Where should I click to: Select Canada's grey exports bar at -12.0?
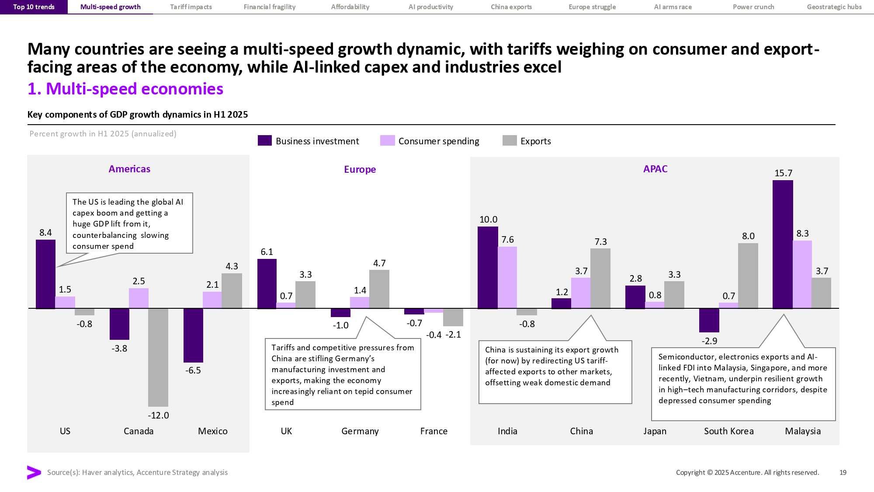point(158,357)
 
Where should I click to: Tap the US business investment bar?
point(45,274)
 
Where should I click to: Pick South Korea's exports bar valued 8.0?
point(748,276)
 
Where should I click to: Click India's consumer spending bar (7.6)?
point(507,277)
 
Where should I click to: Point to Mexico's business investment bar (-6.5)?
point(193,335)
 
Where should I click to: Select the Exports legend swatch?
point(510,140)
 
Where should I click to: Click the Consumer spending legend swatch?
point(387,140)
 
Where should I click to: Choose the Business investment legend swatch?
point(265,140)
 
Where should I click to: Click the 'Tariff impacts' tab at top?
point(191,7)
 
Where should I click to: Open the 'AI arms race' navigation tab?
point(673,7)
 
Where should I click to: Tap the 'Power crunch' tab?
point(753,7)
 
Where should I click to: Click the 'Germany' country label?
point(360,431)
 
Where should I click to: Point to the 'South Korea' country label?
point(728,431)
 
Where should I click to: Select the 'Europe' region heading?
point(360,169)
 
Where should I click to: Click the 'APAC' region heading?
point(655,169)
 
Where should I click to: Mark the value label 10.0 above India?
point(488,220)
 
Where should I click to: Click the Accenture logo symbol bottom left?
point(34,472)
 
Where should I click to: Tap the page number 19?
point(843,472)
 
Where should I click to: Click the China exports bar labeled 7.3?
point(600,278)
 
